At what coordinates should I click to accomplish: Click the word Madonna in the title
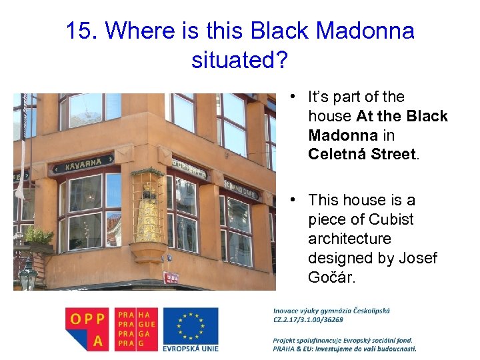pyautogui.click(x=365, y=31)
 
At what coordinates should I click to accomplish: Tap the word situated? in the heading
pyautogui.click(x=240, y=60)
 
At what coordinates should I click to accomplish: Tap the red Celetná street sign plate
pyautogui.click(x=172, y=277)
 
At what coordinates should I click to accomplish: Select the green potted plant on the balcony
pyautogui.click(x=38, y=235)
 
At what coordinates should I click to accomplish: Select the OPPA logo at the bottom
pyautogui.click(x=88, y=329)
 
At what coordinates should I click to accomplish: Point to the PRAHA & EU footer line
pyautogui.click(x=344, y=349)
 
